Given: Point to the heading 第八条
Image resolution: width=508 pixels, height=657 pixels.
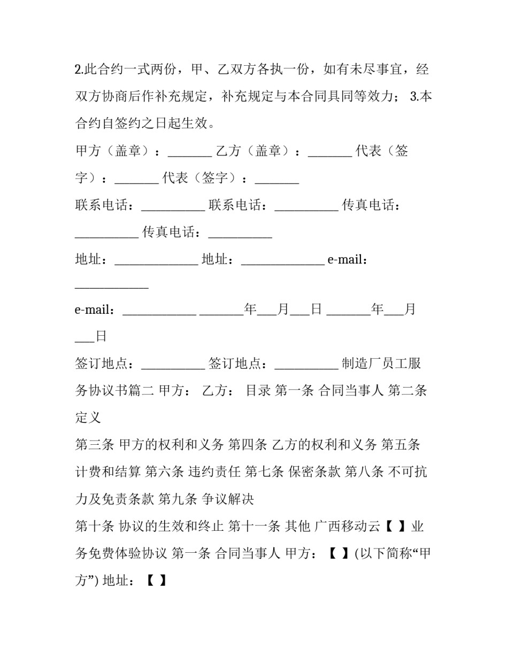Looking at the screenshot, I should (364, 472).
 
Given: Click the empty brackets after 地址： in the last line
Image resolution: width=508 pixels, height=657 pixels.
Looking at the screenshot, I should (156, 581).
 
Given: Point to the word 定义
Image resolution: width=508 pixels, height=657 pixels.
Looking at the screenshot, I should (88, 418).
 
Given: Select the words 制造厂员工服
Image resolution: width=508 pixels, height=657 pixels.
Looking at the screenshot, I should (381, 364).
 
